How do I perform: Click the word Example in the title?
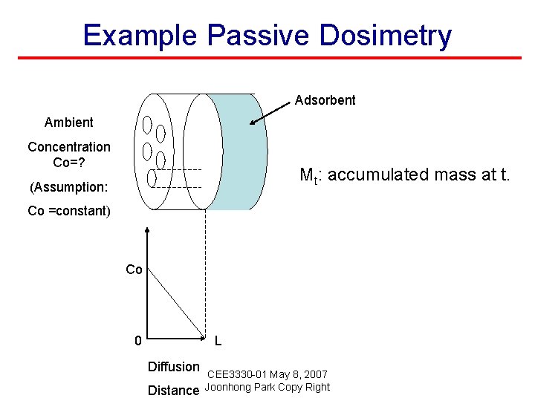pyautogui.click(x=140, y=35)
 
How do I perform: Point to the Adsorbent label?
pyautogui.click(x=325, y=100)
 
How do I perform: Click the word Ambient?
pyautogui.click(x=68, y=123)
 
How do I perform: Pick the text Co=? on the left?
pyautogui.click(x=68, y=162)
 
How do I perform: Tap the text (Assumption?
pyautogui.click(x=68, y=186)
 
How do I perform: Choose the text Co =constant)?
pyautogui.click(x=68, y=211)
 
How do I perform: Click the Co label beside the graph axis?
pyautogui.click(x=134, y=270)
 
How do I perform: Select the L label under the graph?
pyautogui.click(x=217, y=342)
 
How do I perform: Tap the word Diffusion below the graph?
pyautogui.click(x=173, y=366)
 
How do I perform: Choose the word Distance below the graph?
pyautogui.click(x=173, y=390)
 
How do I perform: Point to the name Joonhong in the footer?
pyautogui.click(x=227, y=387)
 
